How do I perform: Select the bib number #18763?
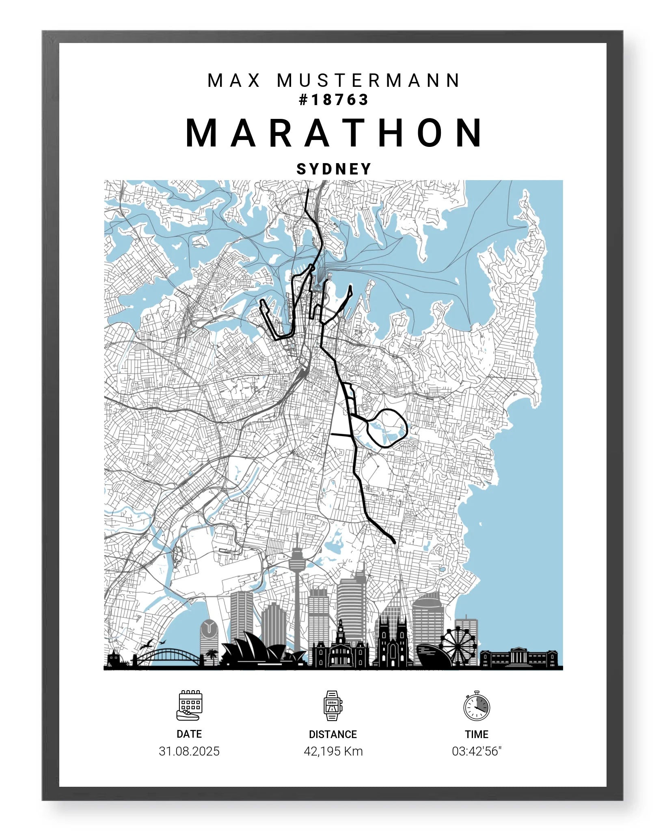333,100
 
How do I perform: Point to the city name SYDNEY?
334,169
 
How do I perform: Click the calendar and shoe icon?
189,705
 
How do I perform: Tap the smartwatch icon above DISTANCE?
332,705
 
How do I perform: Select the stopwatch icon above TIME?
477,706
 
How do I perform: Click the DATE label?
189,734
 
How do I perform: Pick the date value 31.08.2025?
189,751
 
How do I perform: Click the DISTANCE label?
332,734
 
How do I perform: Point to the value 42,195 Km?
333,751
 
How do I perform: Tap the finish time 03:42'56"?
477,751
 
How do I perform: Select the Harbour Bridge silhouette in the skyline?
168,657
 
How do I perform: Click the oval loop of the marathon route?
388,428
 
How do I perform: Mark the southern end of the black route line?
393,541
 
